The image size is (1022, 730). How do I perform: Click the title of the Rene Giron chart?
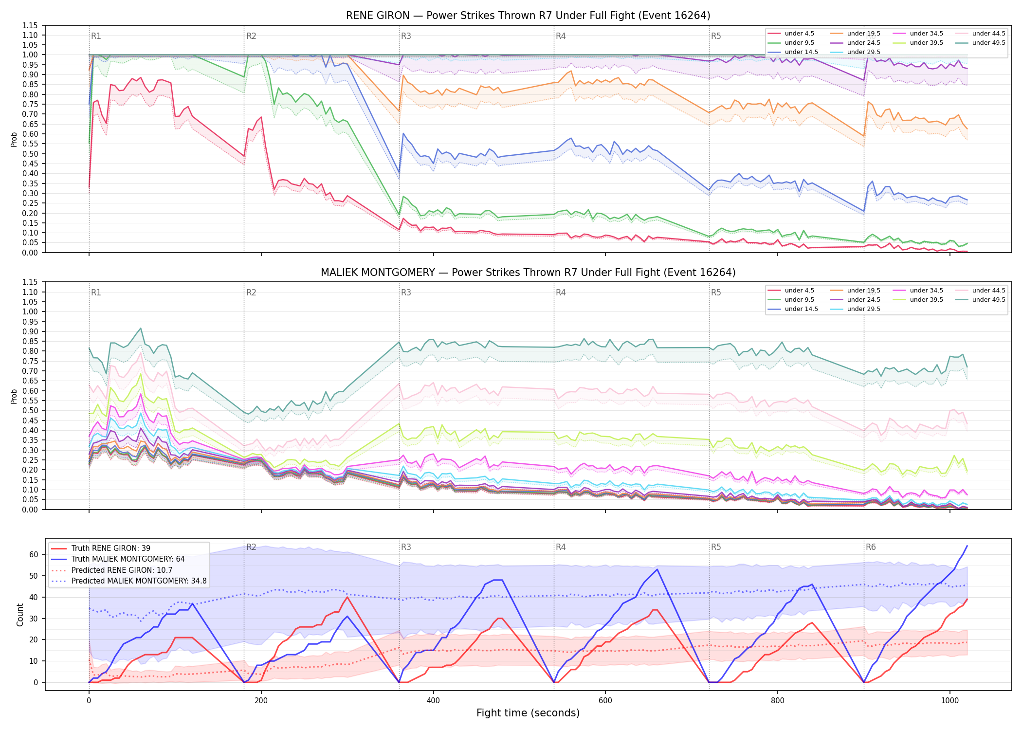(x=528, y=16)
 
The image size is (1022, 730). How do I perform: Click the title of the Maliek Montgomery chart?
(x=528, y=273)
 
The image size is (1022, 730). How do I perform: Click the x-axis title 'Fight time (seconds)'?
(x=528, y=713)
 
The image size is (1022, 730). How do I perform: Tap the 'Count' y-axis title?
(x=20, y=615)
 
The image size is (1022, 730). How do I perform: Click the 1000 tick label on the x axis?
(x=949, y=701)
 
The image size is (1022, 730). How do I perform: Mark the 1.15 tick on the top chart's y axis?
(x=30, y=25)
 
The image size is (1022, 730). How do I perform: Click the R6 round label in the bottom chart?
(x=871, y=547)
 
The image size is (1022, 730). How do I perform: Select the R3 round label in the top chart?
(x=406, y=36)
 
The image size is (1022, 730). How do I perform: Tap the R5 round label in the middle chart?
(x=716, y=292)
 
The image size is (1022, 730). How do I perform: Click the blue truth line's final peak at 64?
(x=967, y=546)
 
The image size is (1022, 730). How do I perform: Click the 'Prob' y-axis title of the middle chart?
(x=14, y=396)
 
